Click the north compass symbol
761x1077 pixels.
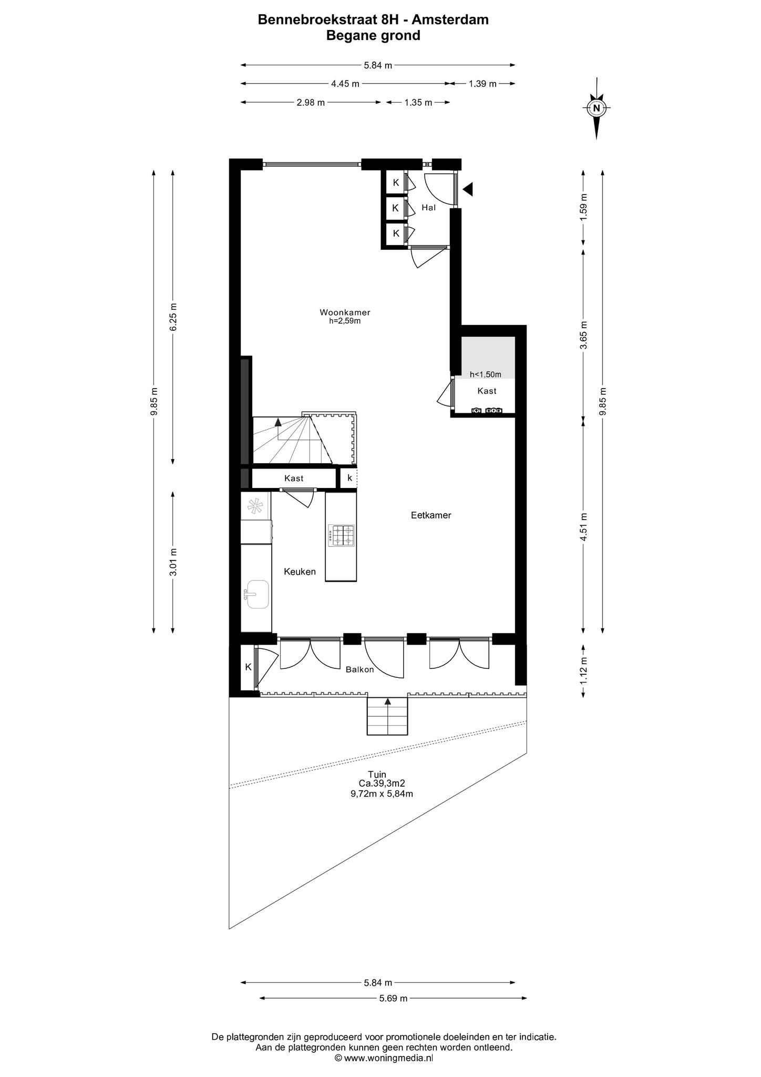[596, 109]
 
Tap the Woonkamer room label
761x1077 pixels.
[345, 312]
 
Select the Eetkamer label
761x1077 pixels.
[431, 515]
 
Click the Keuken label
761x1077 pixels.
[300, 572]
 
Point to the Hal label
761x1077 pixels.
[429, 208]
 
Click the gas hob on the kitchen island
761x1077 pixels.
[341, 536]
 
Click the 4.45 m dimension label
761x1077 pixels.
[345, 84]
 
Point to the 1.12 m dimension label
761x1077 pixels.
[583, 672]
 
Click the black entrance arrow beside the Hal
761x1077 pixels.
[467, 189]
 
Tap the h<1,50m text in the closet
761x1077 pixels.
[485, 374]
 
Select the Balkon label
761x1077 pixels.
[359, 669]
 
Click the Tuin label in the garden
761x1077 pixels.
[377, 774]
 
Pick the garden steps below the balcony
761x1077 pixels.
[387, 717]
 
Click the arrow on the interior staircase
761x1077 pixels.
[278, 421]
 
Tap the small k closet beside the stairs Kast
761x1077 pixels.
[349, 478]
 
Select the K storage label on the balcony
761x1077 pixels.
[248, 667]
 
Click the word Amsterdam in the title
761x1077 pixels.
[450, 20]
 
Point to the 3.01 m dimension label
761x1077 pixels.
[173, 562]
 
